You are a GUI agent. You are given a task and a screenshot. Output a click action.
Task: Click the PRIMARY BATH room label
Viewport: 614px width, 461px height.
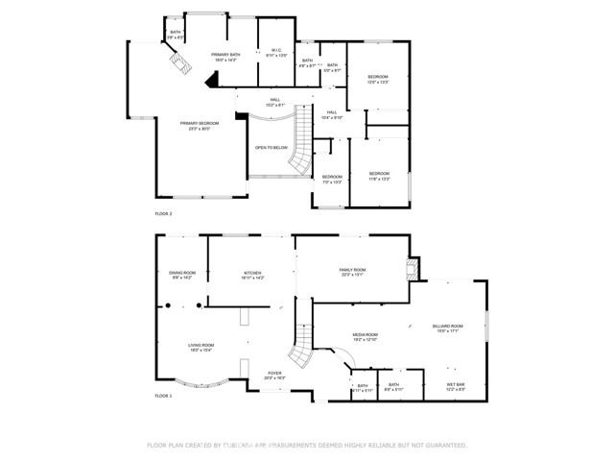226,56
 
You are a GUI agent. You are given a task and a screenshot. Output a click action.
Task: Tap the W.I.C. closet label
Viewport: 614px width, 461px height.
275,53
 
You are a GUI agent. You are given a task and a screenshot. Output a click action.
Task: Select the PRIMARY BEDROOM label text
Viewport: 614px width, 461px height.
200,126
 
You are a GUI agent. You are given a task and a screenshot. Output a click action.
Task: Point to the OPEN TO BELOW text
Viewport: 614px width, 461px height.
271,147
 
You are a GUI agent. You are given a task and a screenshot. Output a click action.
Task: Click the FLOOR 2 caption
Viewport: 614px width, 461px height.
163,213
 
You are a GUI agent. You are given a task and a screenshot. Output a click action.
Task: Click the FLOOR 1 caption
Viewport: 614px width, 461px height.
163,396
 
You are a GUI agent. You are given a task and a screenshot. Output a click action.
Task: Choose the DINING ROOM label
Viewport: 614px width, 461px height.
182,275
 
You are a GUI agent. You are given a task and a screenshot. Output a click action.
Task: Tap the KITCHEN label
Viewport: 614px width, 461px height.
252,275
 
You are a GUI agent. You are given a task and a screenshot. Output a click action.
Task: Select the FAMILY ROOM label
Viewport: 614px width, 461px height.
353,272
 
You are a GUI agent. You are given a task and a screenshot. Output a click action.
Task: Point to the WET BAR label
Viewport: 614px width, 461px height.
456,386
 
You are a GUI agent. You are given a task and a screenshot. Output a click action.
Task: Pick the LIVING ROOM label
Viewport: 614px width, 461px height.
201,347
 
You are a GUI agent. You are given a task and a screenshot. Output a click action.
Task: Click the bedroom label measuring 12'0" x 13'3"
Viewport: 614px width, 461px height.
378,79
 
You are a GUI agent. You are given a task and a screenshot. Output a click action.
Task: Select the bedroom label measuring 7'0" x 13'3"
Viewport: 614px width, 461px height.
332,178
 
